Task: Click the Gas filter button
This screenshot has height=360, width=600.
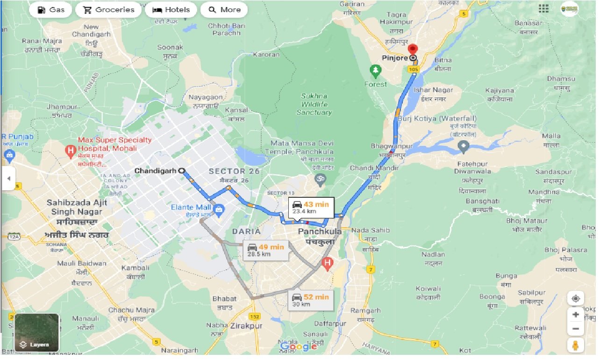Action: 50,10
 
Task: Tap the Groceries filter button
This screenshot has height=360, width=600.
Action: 108,10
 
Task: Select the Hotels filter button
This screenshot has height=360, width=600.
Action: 171,10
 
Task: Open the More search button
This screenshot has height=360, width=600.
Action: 224,10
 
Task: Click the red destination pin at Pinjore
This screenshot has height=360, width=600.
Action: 413,50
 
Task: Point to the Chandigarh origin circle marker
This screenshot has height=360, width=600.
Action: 181,171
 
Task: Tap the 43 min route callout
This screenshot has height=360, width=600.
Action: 310,207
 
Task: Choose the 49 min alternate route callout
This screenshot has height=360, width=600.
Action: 265,250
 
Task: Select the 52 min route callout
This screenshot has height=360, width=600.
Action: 310,300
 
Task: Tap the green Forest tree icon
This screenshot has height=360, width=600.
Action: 375,72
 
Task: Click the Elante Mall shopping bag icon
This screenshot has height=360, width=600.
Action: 218,208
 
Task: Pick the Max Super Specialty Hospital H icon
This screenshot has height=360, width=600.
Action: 71,151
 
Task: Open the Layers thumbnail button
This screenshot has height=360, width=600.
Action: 36,332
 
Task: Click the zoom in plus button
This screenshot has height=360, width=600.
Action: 576,315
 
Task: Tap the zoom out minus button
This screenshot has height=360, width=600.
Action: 576,329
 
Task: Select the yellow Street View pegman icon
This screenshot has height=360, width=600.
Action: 576,346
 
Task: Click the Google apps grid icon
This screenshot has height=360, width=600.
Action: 543,9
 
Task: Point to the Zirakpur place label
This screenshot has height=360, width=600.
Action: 246,326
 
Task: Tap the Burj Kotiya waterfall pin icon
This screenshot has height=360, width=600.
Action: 464,147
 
